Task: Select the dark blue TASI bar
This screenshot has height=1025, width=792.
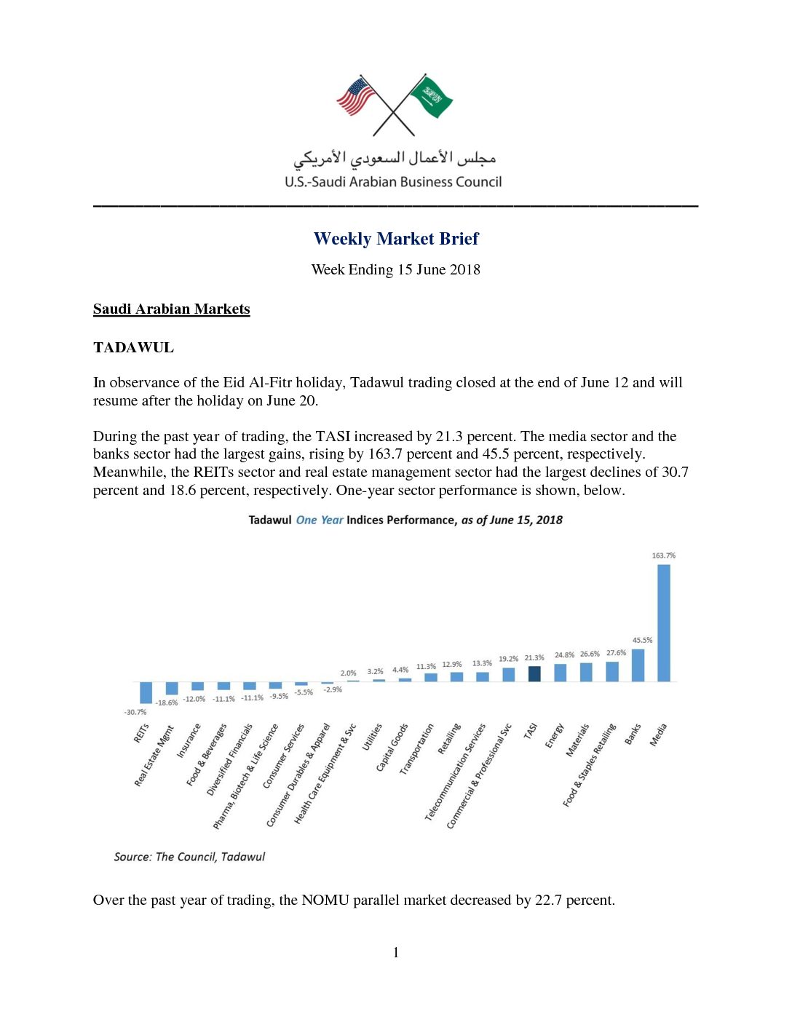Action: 534,674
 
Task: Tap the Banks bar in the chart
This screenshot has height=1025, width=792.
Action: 638,665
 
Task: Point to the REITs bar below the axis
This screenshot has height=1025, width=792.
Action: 146,692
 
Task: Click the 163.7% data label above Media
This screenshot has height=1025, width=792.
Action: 663,555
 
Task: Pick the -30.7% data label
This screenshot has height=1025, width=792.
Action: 135,712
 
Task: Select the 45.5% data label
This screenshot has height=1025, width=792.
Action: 642,641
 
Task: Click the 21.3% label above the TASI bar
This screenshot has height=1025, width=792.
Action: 534,658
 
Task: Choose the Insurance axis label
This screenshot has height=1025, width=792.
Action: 189,740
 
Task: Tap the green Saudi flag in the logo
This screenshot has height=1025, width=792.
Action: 432,97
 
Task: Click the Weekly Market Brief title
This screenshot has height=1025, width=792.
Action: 396,239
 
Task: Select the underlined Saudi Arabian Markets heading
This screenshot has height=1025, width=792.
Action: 171,309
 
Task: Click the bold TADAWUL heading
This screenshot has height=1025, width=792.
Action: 133,347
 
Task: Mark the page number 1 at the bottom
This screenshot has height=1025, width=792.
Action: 396,952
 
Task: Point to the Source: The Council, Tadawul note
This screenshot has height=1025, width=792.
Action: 189,857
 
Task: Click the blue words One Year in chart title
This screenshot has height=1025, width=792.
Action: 319,520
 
